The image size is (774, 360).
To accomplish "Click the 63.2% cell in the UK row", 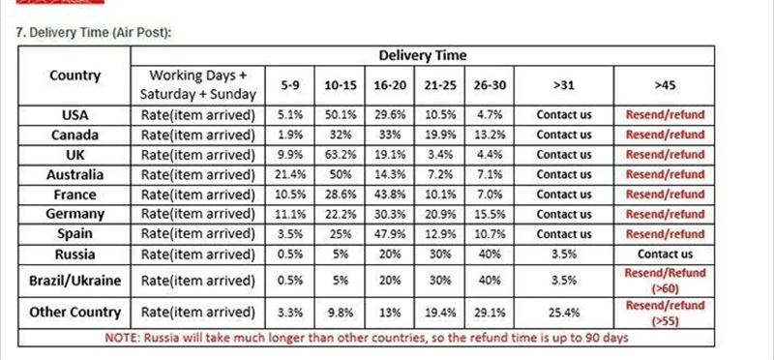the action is click(x=341, y=155).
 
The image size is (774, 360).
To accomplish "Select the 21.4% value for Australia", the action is click(x=290, y=174).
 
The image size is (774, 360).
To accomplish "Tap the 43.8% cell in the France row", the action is click(x=390, y=195).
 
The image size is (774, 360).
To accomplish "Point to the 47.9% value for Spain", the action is click(x=390, y=233).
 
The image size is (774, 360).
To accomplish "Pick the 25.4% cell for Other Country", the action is click(x=564, y=313).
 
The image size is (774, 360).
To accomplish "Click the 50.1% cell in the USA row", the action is click(x=341, y=115).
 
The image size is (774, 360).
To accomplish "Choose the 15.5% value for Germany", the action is click(x=489, y=214).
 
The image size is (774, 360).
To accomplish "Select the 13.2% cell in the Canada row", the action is click(x=489, y=135).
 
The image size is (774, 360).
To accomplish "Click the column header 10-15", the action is click(x=341, y=85).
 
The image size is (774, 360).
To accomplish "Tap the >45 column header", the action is click(x=665, y=85).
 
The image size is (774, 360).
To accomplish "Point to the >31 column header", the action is click(x=564, y=85).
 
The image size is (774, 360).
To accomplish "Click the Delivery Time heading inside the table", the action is click(x=422, y=55).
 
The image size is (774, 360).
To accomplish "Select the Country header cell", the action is click(x=75, y=75).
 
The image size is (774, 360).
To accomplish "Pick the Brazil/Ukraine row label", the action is click(x=75, y=281).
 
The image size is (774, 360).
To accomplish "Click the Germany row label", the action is click(x=75, y=214).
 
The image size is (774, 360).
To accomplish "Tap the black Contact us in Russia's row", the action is click(x=665, y=254).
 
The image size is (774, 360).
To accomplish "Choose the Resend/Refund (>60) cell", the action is click(x=665, y=281).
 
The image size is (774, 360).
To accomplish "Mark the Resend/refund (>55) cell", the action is click(x=665, y=314).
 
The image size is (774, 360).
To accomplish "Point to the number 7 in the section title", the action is click(x=19, y=33).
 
